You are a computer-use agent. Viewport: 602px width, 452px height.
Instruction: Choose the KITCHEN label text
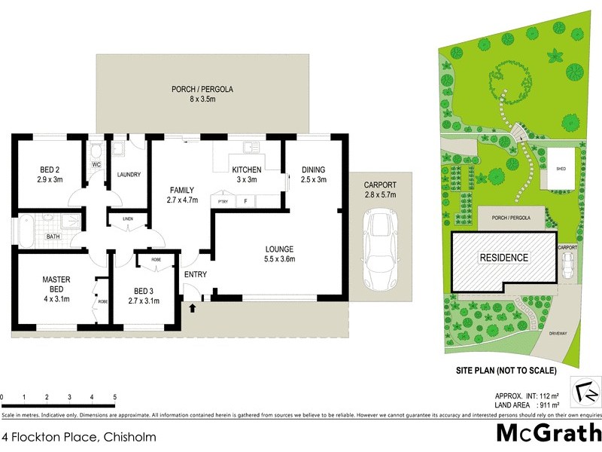[246, 174]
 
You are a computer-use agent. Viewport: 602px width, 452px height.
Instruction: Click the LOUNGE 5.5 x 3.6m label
[278, 254]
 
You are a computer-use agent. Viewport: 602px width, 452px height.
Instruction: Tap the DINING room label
[313, 174]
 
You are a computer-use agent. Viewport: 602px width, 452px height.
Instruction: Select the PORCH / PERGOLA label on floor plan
[202, 93]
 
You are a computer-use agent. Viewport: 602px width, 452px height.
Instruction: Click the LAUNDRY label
[129, 175]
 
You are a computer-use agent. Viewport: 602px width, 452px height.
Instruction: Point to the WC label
[96, 164]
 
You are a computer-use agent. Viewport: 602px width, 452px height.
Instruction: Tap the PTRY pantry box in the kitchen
[223, 201]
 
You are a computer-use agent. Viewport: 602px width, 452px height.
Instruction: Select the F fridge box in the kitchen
[246, 201]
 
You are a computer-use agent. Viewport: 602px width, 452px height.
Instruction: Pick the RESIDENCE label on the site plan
[504, 258]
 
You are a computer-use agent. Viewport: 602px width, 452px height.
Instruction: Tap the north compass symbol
[585, 392]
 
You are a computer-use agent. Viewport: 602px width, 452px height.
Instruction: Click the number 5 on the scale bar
[114, 397]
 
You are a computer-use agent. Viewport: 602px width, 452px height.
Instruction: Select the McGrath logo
[548, 432]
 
